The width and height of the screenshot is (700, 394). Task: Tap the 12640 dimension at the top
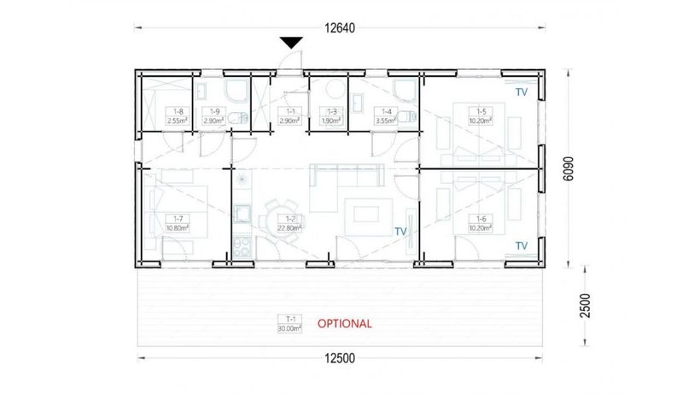point(339,27)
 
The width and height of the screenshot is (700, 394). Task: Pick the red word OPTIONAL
point(344,324)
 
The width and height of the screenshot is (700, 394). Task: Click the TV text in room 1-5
point(521,89)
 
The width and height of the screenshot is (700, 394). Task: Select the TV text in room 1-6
point(521,245)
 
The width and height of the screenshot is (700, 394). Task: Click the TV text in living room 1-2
point(400,231)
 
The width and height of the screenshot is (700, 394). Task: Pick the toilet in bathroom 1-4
point(411,115)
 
